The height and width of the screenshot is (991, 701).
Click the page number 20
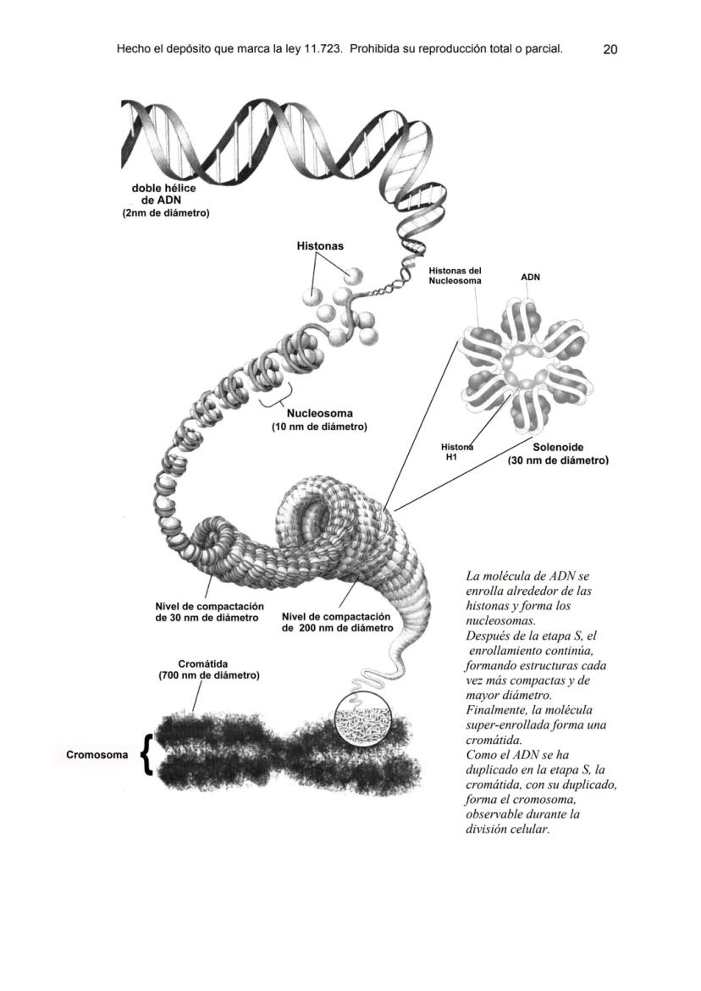tap(610, 50)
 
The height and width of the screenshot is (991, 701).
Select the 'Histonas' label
tap(319, 246)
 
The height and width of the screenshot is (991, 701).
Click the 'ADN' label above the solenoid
tap(530, 277)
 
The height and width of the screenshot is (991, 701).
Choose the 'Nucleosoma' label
tap(319, 414)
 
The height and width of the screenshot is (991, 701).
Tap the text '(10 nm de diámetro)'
tap(319, 427)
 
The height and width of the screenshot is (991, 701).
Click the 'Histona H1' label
tap(456, 452)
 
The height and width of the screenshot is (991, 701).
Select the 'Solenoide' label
tap(558, 447)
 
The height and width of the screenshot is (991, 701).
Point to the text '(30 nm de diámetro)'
tap(558, 461)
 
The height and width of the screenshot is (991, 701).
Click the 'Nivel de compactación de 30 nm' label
tap(209, 613)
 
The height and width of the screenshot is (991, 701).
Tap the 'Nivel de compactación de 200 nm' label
tap(336, 622)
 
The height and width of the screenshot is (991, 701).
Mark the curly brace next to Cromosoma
tap(146, 754)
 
